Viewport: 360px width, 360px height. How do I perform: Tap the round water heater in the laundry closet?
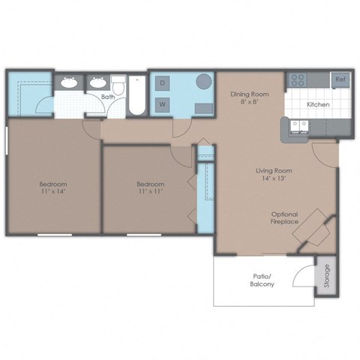[x=203, y=82]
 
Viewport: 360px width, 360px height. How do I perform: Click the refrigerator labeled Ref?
[x=340, y=78]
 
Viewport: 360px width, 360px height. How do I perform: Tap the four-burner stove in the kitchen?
[x=298, y=79]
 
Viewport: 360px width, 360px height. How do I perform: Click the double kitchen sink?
[x=299, y=128]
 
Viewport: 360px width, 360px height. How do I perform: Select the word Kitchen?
[x=317, y=103]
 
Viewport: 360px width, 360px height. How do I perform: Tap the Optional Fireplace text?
[x=286, y=217]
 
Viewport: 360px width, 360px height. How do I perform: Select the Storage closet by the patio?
[x=325, y=275]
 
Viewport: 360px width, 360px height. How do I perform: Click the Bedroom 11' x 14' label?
[x=53, y=187]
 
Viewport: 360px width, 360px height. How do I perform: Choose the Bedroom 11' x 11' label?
[x=149, y=187]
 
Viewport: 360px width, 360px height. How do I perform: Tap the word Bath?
[x=108, y=97]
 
